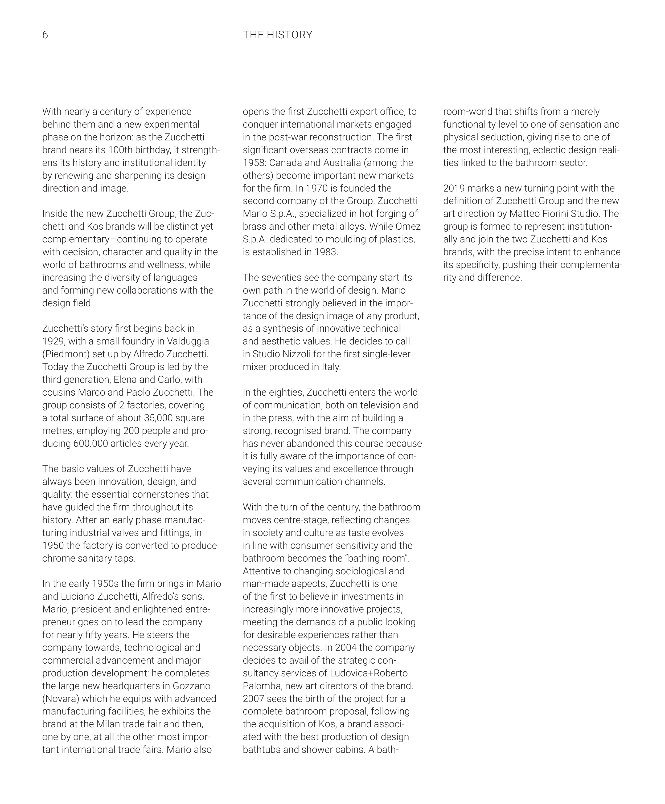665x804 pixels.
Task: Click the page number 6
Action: [x=45, y=35]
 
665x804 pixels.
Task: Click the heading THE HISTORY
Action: [x=277, y=35]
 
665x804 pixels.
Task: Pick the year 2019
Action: [x=454, y=188]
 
